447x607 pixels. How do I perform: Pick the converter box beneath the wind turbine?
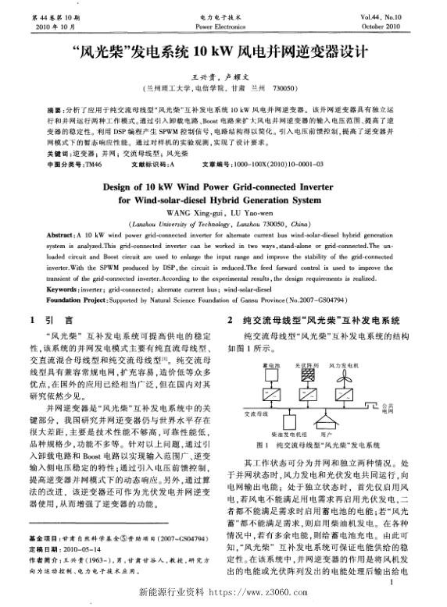tap(344, 395)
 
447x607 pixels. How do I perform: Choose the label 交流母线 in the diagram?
tap(256, 414)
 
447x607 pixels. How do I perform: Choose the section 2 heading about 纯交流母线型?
tap(313, 320)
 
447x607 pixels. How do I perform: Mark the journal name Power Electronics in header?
tap(223, 24)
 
